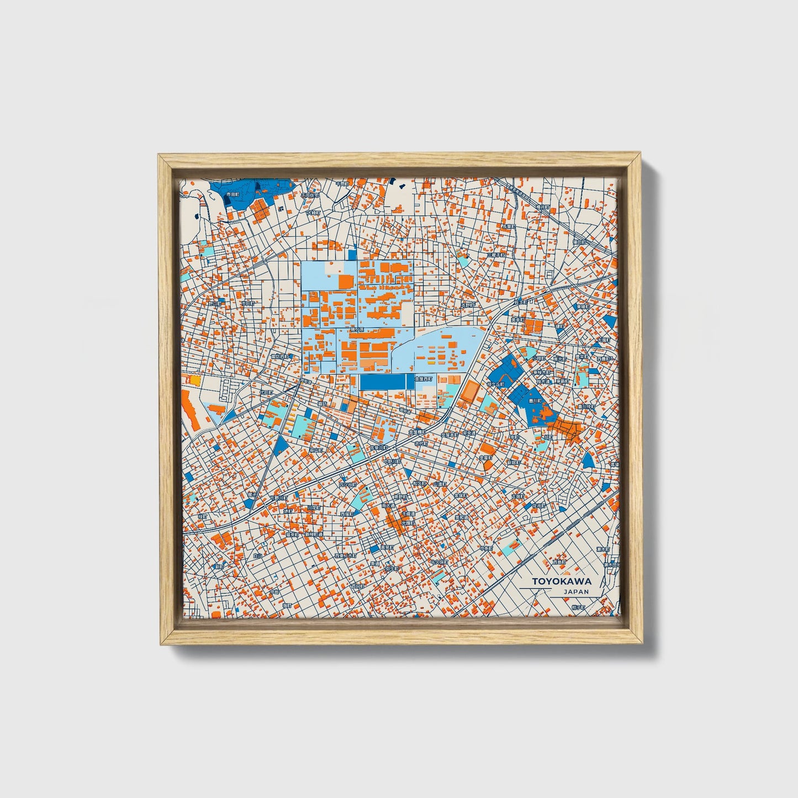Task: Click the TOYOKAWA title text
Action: tap(561, 581)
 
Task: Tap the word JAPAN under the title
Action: tap(576, 591)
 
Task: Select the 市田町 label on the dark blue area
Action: tap(233, 195)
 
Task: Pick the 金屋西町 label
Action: tap(426, 379)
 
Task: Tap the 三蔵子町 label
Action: tap(496, 255)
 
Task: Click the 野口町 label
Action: tap(214, 303)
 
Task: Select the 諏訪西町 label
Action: tap(279, 357)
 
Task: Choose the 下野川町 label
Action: tap(278, 498)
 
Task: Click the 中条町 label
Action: tap(486, 548)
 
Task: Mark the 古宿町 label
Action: tap(517, 496)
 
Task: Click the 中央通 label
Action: tap(469, 434)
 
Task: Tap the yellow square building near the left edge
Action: tap(194, 380)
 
